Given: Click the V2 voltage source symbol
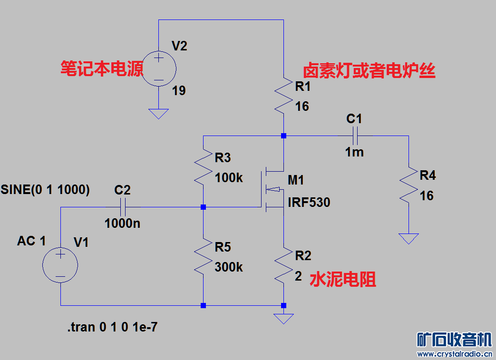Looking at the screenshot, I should [159, 68].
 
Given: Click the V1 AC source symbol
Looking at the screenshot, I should [60, 266].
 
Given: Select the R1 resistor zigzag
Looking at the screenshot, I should [283, 95].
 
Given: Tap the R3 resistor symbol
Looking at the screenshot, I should [203, 166].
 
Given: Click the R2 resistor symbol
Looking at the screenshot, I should [283, 264].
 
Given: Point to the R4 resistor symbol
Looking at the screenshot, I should [408, 185].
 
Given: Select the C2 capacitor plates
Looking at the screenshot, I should [123, 207].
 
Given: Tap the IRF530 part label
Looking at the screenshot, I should [309, 203].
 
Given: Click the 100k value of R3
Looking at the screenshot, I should [229, 178].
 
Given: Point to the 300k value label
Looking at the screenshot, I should [229, 267].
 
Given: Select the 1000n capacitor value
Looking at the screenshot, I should [123, 223].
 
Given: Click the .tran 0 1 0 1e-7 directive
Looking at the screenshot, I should [112, 327].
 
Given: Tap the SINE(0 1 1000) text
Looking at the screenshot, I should [46, 189].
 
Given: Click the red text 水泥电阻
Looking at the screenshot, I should [343, 280].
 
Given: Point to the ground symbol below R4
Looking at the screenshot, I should [408, 238].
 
